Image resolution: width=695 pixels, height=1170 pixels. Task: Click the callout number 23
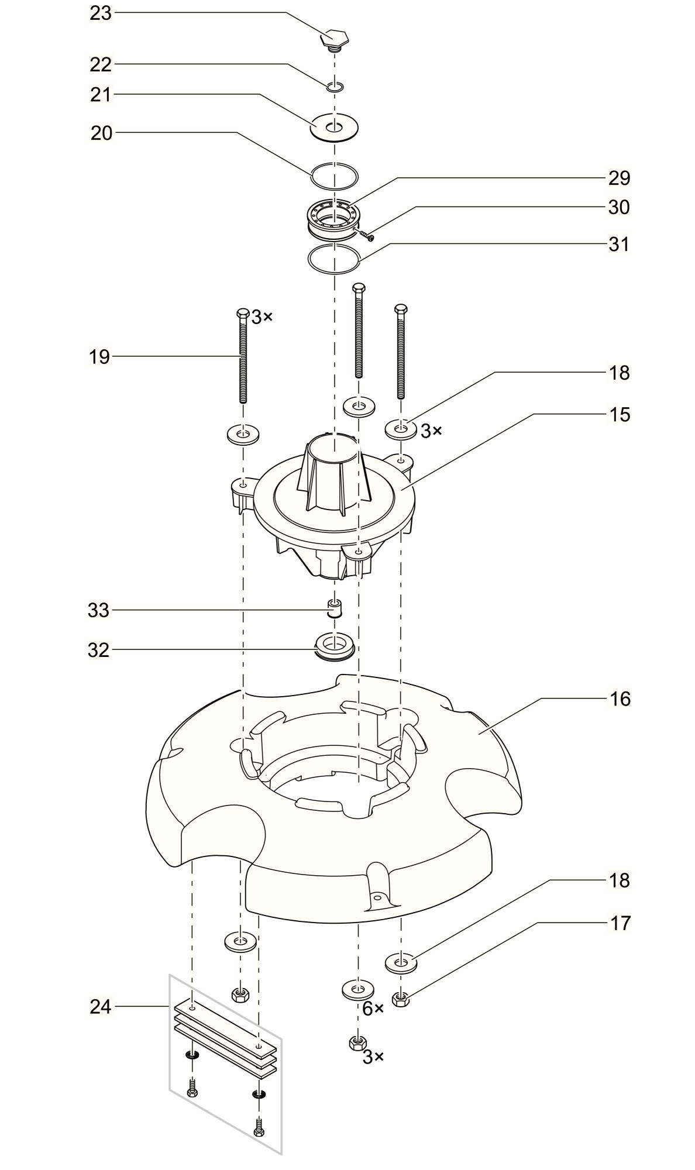click(100, 13)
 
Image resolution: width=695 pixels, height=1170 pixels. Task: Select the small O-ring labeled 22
click(335, 87)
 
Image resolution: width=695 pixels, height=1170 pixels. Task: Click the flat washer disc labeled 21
click(334, 128)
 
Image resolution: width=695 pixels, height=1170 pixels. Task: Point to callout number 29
click(620, 178)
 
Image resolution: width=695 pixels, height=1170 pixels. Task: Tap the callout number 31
click(620, 244)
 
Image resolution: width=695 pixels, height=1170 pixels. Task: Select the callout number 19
click(100, 356)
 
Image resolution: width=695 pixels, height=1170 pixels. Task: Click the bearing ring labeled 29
click(334, 218)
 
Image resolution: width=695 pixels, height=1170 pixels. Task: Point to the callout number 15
click(620, 414)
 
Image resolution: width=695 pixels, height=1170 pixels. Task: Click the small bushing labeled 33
click(334, 608)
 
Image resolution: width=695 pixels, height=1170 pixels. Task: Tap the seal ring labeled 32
click(334, 646)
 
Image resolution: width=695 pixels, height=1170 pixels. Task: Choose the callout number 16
click(620, 698)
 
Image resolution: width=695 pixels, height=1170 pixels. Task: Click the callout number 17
click(620, 923)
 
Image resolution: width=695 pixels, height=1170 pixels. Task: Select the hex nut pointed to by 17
click(401, 999)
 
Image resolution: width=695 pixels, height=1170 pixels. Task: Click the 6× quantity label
click(373, 1009)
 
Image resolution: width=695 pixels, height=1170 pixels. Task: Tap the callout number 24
click(100, 1007)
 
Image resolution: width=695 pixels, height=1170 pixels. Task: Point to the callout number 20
click(101, 133)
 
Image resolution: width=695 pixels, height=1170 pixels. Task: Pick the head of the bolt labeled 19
click(242, 313)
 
